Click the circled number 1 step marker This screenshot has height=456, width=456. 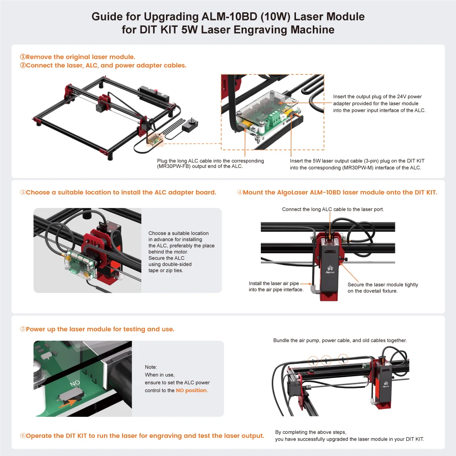tap(22, 57)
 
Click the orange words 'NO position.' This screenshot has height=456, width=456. tap(192, 390)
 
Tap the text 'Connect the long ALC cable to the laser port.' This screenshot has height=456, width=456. tap(333, 209)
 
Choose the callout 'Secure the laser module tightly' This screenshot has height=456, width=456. tap(383, 285)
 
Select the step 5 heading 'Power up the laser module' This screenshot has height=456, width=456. tap(100, 329)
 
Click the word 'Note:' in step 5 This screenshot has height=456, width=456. tap(150, 367)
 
